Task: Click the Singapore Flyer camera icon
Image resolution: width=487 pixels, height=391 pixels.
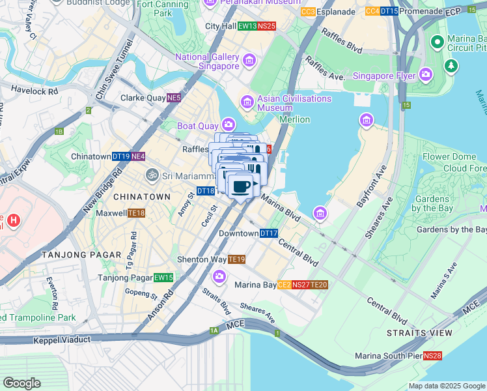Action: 426,76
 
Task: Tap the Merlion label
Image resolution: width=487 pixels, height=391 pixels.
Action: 294,119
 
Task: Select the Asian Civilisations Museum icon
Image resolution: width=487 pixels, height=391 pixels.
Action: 247,102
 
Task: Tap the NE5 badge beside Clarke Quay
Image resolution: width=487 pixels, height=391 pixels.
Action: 173,98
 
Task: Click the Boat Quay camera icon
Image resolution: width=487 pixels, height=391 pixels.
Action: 228,124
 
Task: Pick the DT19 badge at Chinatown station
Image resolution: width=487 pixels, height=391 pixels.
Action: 120,156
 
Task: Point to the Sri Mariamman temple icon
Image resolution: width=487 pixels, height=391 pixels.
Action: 152,175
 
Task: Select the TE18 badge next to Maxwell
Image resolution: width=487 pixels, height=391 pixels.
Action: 136,213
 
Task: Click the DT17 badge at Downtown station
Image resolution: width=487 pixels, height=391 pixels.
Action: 269,233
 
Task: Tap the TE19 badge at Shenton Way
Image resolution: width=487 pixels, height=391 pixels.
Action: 237,259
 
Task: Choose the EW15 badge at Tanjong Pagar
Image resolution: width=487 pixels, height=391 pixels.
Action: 163,278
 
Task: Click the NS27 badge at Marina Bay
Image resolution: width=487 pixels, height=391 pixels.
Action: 300,285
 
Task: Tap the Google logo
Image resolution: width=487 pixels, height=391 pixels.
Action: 21,383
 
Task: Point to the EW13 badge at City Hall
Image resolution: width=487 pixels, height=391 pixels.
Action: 246,26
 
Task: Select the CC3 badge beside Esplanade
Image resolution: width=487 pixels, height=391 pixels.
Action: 309,12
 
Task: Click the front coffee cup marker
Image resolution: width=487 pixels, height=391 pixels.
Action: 241,187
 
